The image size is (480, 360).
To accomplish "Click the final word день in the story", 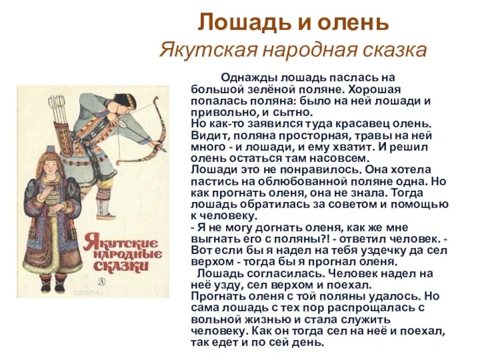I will [310, 343].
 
